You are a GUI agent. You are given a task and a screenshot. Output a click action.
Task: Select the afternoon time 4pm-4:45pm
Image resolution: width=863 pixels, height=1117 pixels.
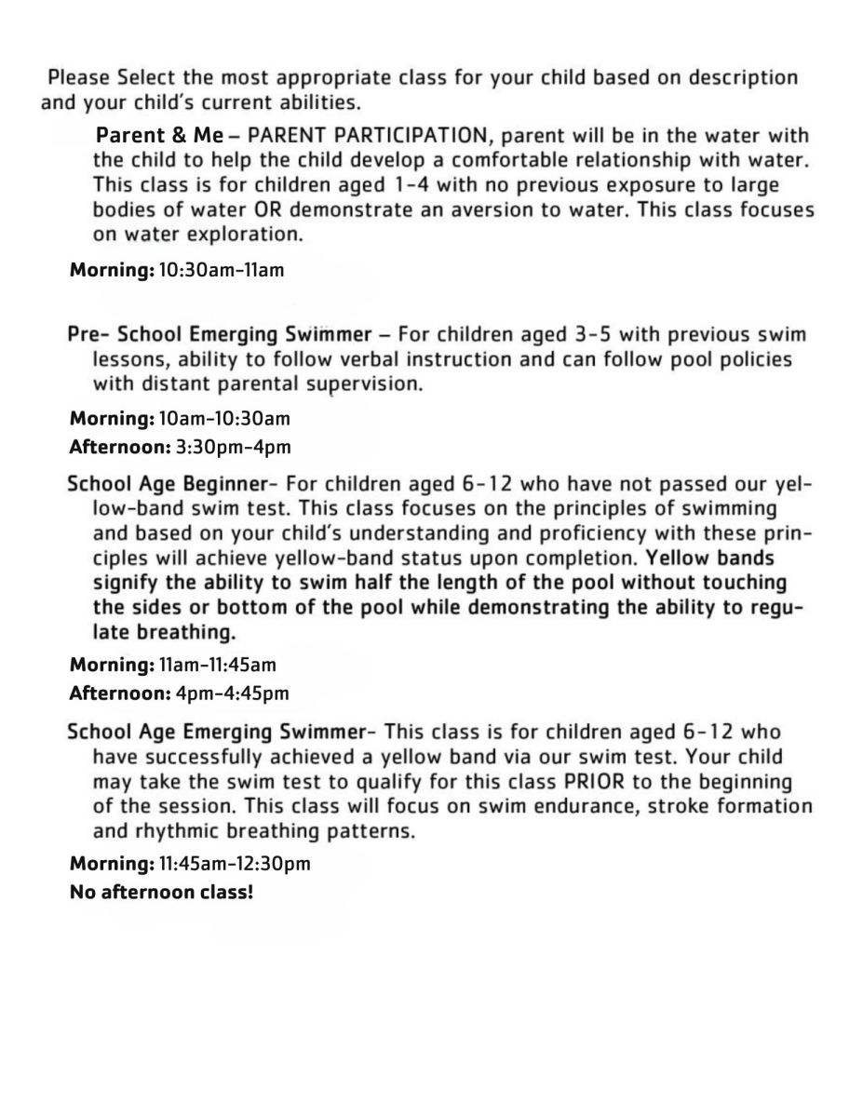tap(232, 693)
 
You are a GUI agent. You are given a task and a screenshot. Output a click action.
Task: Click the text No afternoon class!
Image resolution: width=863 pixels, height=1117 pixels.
tap(162, 891)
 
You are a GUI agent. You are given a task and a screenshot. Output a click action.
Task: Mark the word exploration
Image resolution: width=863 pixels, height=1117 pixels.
tap(249, 235)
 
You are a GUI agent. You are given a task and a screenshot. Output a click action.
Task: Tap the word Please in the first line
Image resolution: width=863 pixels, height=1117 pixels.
tap(79, 77)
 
